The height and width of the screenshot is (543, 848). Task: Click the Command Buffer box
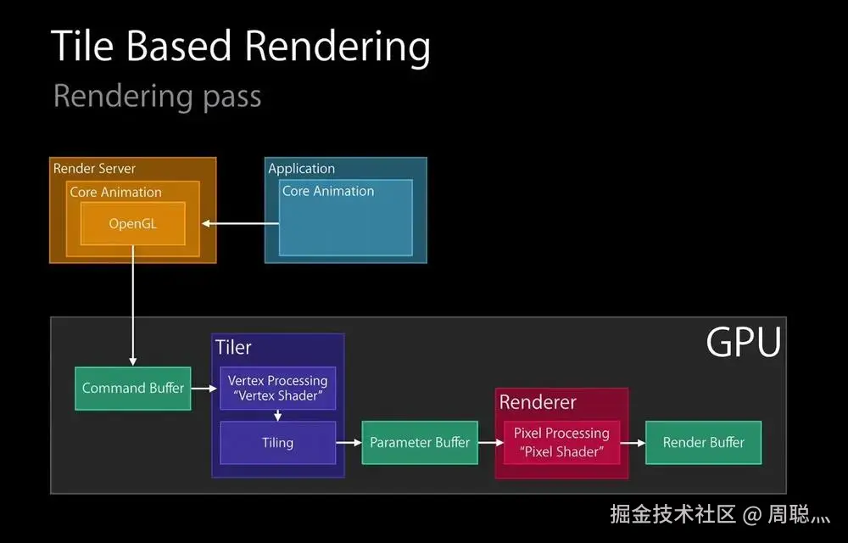click(132, 389)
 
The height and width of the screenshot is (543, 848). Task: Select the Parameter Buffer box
click(420, 442)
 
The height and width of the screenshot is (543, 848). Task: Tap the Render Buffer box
click(703, 442)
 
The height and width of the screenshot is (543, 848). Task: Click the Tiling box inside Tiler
click(277, 442)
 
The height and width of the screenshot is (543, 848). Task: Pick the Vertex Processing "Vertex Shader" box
click(277, 389)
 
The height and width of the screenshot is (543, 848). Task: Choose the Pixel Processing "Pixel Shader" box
click(561, 442)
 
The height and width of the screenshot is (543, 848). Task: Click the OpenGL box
click(133, 224)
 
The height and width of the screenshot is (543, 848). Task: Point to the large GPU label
click(743, 343)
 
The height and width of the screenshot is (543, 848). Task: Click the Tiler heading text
click(233, 348)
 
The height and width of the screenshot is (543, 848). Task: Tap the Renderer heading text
click(538, 402)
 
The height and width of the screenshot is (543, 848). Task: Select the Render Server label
click(94, 169)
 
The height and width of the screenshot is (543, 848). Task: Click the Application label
click(302, 169)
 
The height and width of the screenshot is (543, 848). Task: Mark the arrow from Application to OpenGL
click(241, 224)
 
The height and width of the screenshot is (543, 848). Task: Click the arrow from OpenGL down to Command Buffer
click(132, 305)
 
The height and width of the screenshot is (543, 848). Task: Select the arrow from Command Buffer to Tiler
click(200, 389)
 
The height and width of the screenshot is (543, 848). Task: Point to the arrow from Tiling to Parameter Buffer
click(349, 442)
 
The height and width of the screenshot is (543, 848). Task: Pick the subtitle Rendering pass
click(157, 96)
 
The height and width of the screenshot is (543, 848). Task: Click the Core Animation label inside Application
click(328, 192)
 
